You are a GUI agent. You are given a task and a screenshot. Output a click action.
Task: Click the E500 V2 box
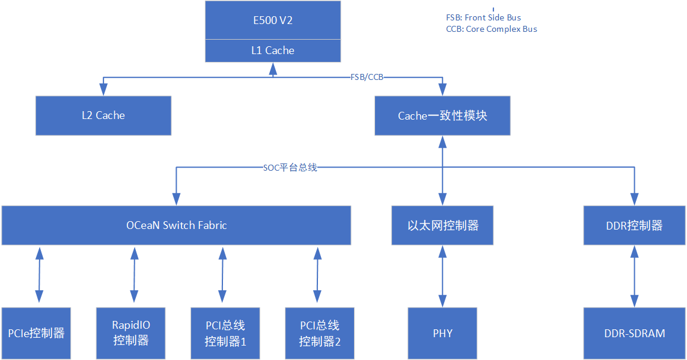[273, 20]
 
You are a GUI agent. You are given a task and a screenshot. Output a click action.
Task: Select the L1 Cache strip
[273, 50]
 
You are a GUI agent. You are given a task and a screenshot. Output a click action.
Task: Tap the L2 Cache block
[103, 115]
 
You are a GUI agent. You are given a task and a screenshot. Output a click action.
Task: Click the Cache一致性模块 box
[442, 115]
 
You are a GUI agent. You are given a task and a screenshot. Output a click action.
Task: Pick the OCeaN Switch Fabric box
[176, 225]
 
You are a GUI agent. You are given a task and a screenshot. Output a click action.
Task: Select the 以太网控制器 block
[442, 225]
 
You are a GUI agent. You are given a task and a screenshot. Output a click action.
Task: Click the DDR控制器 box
[634, 225]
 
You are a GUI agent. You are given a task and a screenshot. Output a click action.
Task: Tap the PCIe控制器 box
[36, 333]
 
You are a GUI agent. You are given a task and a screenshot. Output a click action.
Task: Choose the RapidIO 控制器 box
[131, 333]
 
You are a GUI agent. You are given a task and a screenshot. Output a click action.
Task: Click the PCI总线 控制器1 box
[225, 333]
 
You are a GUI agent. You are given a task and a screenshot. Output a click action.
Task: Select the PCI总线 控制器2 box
[320, 333]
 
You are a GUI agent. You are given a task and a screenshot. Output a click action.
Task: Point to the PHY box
[442, 333]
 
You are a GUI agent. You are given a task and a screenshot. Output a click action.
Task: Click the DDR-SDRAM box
[634, 333]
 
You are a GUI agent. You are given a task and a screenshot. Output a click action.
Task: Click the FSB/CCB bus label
[367, 78]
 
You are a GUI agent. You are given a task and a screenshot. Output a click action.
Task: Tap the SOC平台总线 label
[290, 168]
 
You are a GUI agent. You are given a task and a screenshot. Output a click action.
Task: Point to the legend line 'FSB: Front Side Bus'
[483, 18]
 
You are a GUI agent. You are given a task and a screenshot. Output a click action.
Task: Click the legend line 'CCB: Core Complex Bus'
[491, 29]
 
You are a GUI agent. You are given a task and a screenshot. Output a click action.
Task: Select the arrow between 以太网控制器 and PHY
[442, 276]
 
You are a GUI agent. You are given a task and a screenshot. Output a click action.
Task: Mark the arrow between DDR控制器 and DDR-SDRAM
[634, 276]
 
